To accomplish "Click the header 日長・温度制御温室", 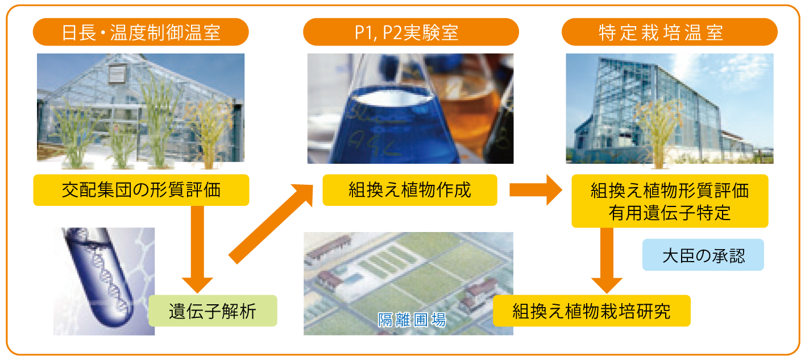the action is (140, 32).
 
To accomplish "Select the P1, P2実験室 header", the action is (411, 32).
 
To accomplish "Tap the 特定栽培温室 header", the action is (669, 32).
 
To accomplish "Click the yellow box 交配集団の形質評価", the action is (141, 190).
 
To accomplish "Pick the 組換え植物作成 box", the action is (410, 190).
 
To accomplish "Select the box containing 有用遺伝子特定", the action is (670, 201).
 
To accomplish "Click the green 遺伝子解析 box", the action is (213, 311).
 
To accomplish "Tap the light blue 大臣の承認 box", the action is (703, 255).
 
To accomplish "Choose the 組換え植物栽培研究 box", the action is (592, 311).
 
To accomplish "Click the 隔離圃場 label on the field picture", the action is (412, 320).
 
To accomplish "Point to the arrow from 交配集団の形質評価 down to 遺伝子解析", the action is (197, 250).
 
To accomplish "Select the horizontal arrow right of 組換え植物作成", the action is (536, 190).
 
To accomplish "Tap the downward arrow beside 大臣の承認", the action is (607, 260).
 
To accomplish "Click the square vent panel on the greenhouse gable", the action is (118, 75).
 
